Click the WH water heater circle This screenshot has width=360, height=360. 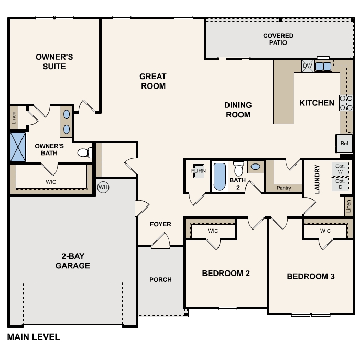103,187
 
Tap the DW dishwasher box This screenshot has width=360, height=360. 308,66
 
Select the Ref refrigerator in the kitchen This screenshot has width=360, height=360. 344,144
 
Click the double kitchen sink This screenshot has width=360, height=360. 323,67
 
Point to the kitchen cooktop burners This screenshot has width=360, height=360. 346,103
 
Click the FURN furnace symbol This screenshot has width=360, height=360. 199,171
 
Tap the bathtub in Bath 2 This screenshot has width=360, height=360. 220,177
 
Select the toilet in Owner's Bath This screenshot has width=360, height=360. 85,152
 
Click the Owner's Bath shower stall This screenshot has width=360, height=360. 18,147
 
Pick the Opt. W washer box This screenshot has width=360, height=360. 340,169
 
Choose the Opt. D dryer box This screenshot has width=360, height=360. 340,184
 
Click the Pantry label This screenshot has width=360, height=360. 284,188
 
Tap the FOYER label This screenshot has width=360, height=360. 160,224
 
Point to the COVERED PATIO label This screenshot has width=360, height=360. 278,39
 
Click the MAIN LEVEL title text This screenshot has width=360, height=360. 34,337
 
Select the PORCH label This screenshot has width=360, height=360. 160,280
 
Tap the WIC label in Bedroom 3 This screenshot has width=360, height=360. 325,231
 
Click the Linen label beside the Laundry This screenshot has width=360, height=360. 348,206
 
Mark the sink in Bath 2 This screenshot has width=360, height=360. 256,167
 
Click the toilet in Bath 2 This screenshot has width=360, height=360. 238,169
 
